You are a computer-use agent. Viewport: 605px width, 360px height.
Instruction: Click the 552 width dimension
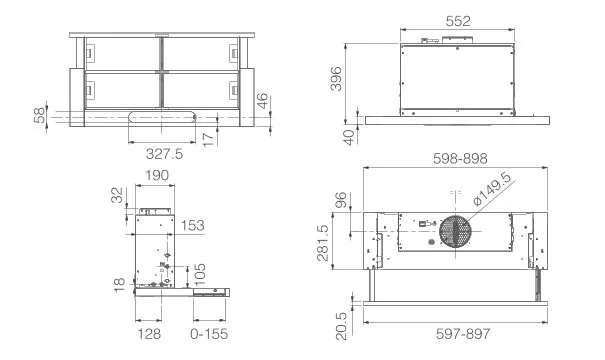coord(458,21)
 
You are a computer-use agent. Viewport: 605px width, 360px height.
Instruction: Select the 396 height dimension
coord(336,79)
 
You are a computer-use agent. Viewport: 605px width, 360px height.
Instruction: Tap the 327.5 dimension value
coord(164,154)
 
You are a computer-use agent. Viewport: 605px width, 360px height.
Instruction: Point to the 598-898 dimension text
coord(460,159)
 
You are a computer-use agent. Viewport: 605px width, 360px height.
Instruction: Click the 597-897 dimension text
coord(463,333)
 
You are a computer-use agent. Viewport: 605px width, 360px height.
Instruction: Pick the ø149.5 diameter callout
coord(492,189)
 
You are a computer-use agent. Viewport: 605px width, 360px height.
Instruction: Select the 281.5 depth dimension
coord(323,243)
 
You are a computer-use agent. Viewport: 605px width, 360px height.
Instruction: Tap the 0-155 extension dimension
coord(209,334)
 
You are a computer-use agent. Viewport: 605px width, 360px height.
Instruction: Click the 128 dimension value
coord(149,334)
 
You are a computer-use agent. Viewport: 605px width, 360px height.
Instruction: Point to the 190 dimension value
coord(157,176)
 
